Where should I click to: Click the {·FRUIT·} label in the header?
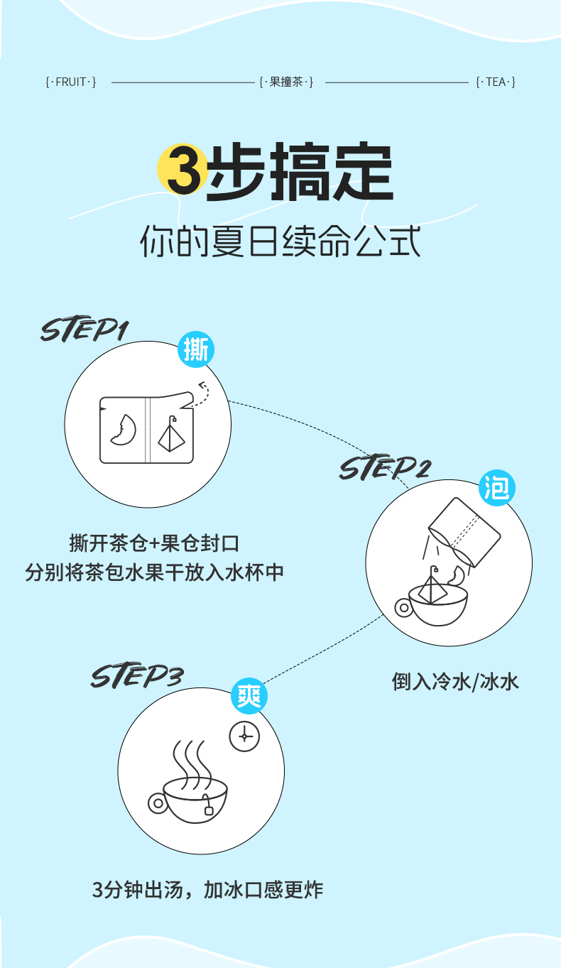(70, 82)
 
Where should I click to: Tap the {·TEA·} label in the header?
(495, 82)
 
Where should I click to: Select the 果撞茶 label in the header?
(286, 82)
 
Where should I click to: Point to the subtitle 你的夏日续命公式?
(280, 241)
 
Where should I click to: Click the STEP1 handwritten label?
(85, 330)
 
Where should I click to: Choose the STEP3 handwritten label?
(136, 675)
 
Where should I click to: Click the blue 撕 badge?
(195, 350)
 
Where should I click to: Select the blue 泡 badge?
(497, 488)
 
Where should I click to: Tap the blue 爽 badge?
(249, 695)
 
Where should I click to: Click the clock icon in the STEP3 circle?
(245, 736)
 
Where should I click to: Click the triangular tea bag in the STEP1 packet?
(170, 435)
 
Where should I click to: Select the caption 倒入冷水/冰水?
(455, 682)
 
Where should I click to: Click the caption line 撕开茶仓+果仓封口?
(154, 544)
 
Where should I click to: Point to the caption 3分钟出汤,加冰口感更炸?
(207, 889)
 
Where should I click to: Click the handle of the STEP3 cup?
(157, 803)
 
